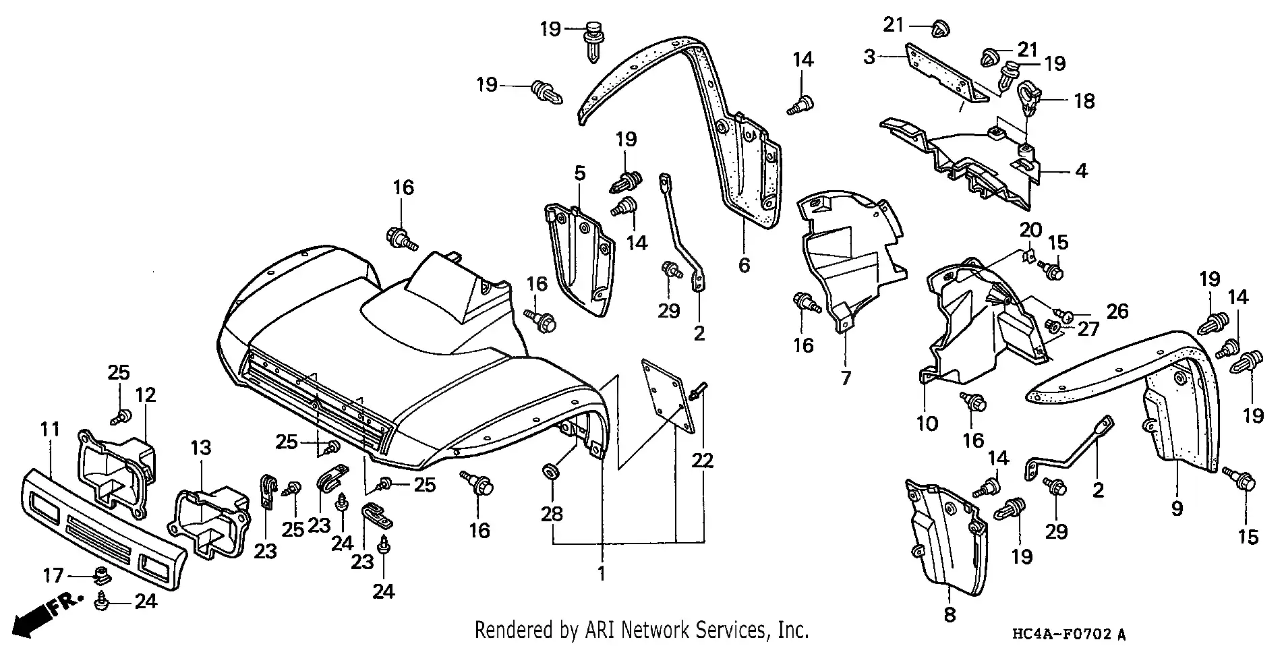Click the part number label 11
pyautogui.click(x=49, y=430)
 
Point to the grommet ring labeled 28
pyautogui.click(x=550, y=470)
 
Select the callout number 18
pyautogui.click(x=1084, y=101)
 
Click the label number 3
pyautogui.click(x=869, y=57)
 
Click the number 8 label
pyautogui.click(x=950, y=614)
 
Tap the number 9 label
pyautogui.click(x=1177, y=508)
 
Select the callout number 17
pyautogui.click(x=53, y=575)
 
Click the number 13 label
pyautogui.click(x=200, y=448)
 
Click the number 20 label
pyautogui.click(x=1030, y=230)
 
